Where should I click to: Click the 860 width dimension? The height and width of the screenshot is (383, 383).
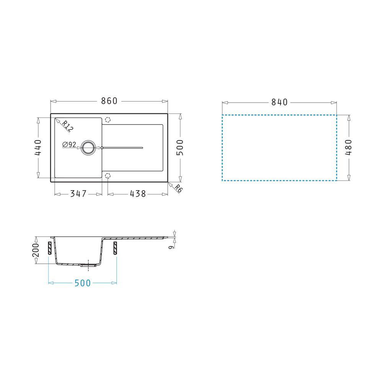pos(109,101)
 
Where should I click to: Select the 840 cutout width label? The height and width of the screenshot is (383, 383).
pos(280,102)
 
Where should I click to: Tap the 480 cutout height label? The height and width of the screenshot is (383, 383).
pos(348,147)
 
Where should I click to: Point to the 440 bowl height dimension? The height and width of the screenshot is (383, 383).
pos(38,147)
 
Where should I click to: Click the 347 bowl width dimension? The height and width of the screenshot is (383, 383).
pos(78,194)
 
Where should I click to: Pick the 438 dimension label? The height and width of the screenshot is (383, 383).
pos(138,194)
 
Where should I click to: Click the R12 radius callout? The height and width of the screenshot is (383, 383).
pos(67,126)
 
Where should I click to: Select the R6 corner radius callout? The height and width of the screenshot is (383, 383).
pos(178,188)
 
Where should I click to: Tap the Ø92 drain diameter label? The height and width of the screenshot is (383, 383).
pos(69,145)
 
